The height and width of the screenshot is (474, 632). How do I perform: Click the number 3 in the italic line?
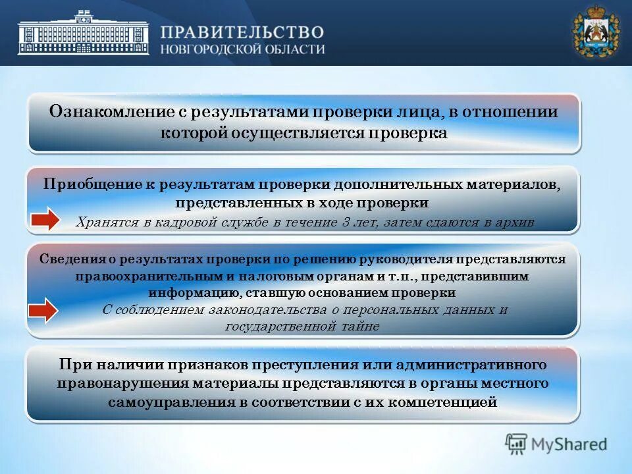pos(348,222)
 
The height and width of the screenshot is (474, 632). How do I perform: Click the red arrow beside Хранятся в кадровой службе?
pos(43,220)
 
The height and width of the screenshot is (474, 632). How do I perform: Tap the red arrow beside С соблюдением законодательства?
pos(43,309)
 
